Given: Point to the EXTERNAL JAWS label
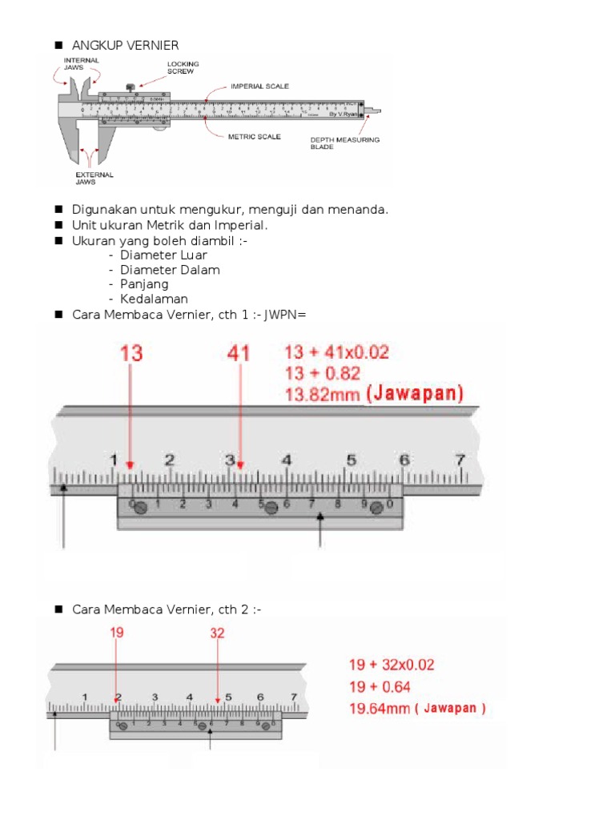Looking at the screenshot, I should point(94,178).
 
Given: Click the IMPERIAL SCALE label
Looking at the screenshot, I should point(259,86).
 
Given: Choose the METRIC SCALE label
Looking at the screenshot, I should point(255,137).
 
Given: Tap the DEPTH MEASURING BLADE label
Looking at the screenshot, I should point(344,143).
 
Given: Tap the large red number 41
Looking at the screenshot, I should point(239,353).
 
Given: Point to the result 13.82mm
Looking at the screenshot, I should point(323,393).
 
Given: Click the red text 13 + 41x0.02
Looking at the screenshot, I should point(337,352).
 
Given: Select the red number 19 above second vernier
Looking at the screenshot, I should point(117,633).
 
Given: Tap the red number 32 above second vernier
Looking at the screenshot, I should point(217,633).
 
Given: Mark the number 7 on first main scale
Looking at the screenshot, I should point(460,460).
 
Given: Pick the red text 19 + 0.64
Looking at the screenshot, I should point(379,686).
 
